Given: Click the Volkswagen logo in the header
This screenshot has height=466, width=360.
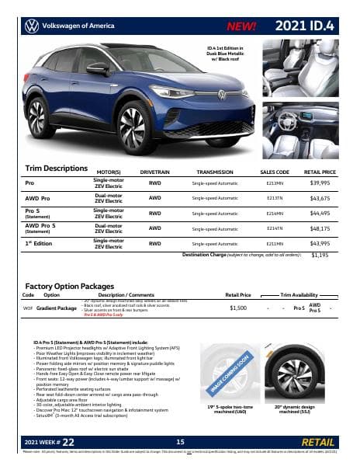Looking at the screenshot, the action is point(31,26).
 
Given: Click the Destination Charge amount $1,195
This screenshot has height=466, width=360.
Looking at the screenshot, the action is point(320,255).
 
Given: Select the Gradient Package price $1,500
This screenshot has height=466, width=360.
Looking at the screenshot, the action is point(238,308).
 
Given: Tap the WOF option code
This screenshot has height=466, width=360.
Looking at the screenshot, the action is point(28,308).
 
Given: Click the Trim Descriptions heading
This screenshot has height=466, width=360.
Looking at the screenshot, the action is point(57,168).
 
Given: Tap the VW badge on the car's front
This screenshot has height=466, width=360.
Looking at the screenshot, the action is point(221,96).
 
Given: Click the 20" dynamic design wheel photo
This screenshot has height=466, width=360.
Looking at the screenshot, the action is point(296,372).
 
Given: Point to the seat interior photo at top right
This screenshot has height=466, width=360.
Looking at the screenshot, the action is point(300,68).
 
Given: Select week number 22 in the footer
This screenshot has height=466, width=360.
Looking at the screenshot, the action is point(69,441).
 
